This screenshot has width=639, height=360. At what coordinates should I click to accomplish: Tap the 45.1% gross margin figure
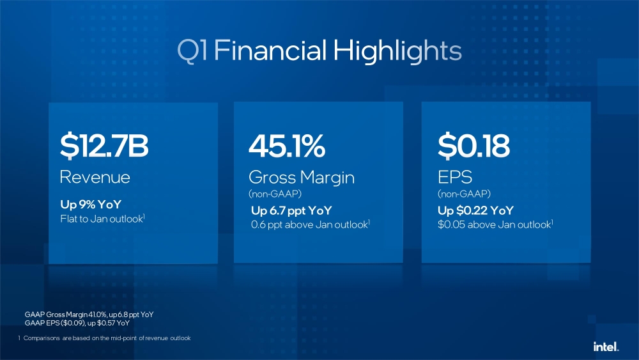(x=287, y=146)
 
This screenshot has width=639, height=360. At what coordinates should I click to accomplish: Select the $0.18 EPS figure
(x=473, y=146)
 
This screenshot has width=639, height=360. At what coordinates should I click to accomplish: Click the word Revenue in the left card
(x=95, y=177)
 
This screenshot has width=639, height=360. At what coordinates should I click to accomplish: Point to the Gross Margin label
(x=301, y=178)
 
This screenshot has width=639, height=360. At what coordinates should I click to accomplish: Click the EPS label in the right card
(x=454, y=177)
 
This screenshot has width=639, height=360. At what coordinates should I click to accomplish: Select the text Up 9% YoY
(x=90, y=205)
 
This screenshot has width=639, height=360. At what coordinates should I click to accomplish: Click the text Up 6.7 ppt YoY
(x=291, y=210)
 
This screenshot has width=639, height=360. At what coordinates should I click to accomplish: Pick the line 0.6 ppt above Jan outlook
(x=310, y=224)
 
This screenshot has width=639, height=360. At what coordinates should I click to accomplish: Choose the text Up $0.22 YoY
(x=475, y=210)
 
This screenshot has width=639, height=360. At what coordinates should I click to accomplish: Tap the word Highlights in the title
(x=397, y=51)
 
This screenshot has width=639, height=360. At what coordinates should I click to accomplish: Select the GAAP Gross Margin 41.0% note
(x=88, y=315)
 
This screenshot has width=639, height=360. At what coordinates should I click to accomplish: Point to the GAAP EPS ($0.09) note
(x=77, y=324)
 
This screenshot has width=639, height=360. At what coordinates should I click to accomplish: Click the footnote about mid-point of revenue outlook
(x=105, y=338)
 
